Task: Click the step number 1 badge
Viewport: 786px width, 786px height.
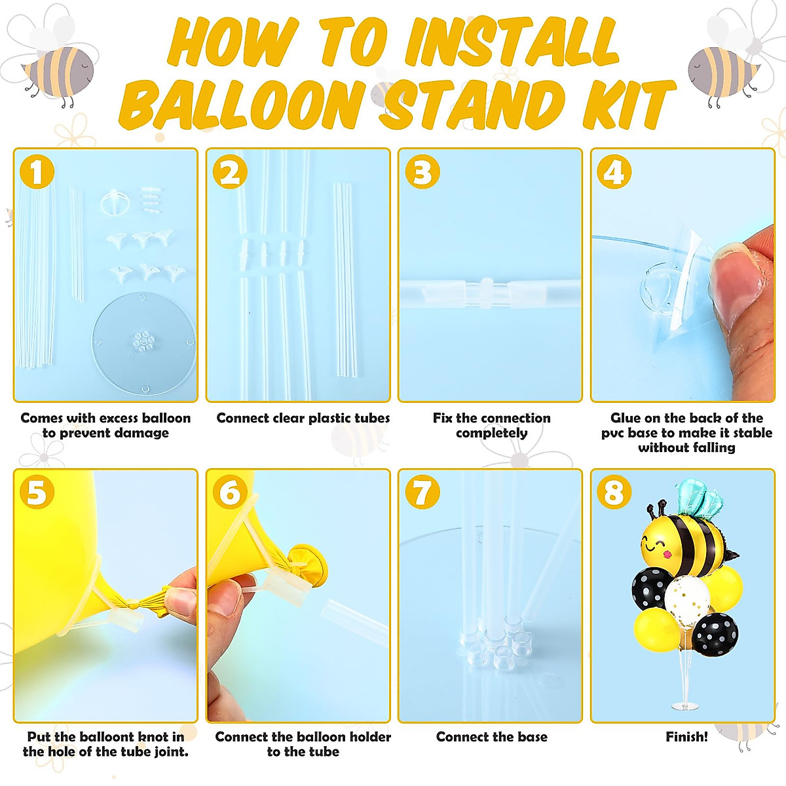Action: (37, 173)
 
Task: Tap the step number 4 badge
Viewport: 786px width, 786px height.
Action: (614, 173)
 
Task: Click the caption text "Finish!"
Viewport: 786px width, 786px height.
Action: (686, 737)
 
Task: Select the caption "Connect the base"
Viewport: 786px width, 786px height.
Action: (491, 737)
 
